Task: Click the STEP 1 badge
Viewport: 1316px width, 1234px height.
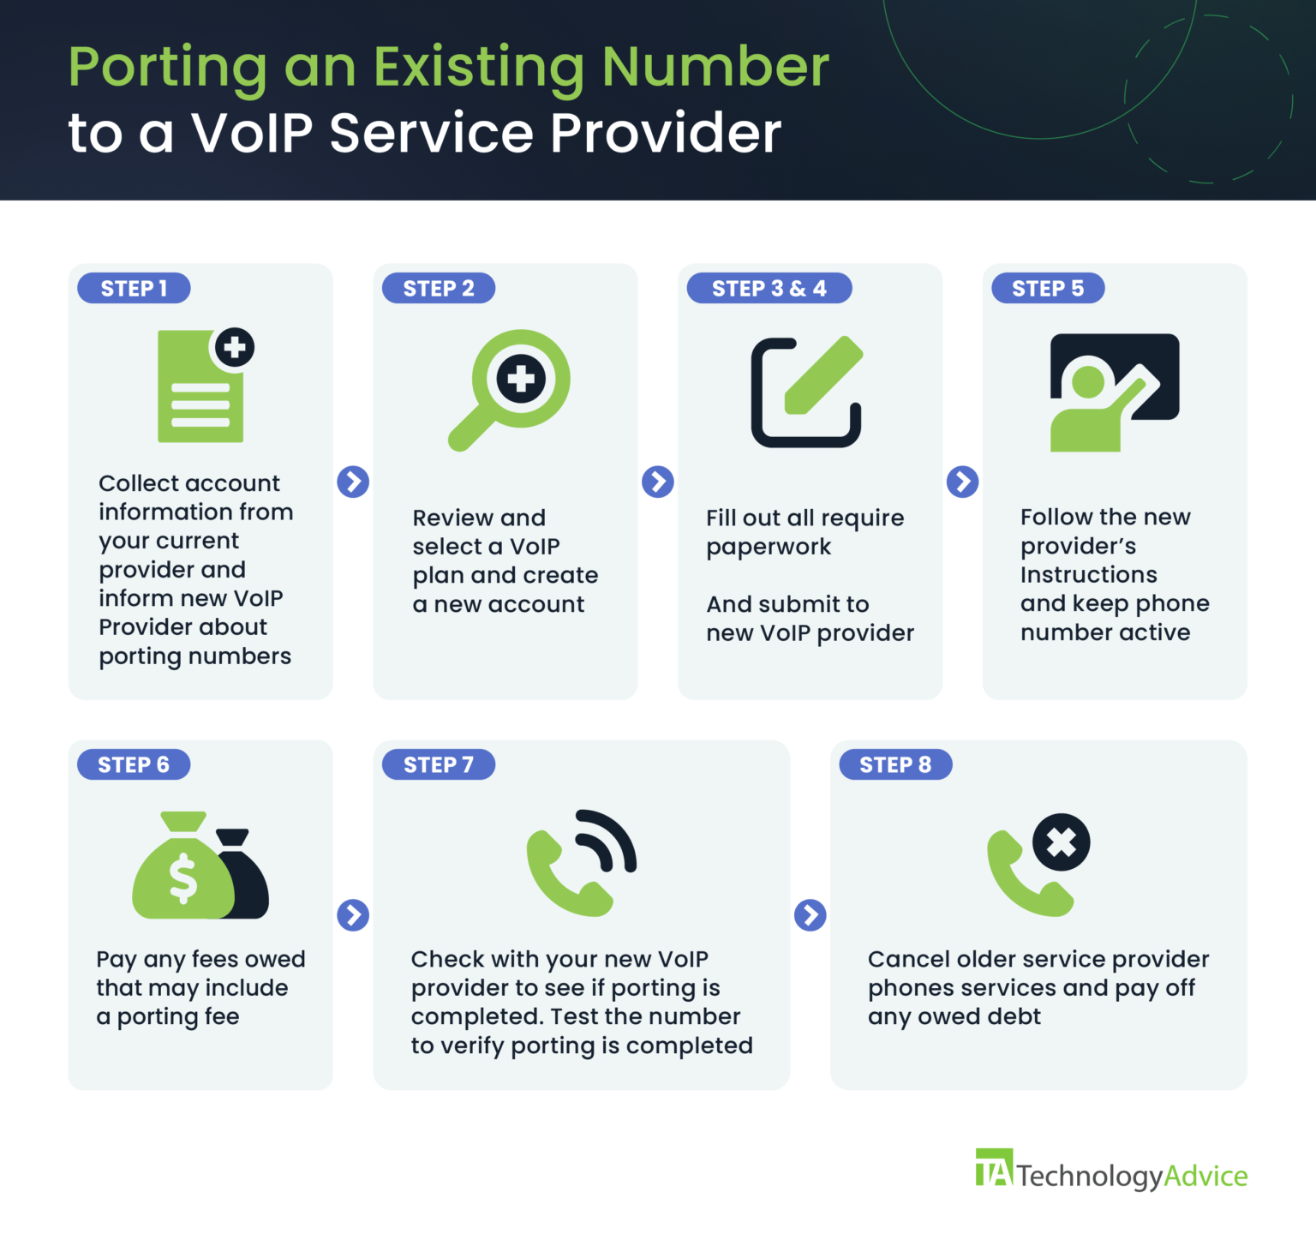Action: pos(134,289)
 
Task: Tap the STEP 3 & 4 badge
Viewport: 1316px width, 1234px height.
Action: pos(769,289)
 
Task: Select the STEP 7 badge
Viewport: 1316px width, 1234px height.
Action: pos(438,764)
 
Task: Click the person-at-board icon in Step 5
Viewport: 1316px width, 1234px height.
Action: pos(1114,392)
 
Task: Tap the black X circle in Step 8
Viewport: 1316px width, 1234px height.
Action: pos(1061,842)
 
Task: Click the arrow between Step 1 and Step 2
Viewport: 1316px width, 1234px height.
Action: pos(353,482)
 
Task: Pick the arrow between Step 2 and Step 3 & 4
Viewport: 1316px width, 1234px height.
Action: pos(658,482)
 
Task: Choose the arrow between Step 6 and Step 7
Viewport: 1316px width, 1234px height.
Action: pos(353,915)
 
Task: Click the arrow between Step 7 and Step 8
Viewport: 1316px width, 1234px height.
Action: pos(811,915)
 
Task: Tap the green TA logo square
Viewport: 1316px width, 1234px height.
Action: pos(994,1168)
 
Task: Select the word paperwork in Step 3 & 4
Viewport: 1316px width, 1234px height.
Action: pos(769,548)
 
